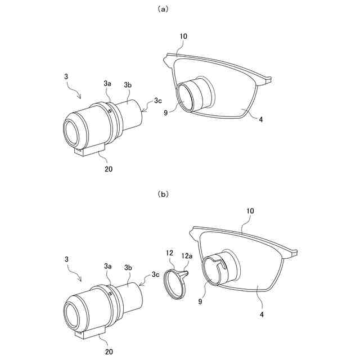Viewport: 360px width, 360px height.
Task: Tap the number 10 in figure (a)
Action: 183,36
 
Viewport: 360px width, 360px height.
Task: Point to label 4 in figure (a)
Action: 260,119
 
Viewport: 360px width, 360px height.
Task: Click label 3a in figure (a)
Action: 107,83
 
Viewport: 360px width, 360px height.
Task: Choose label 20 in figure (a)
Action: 108,167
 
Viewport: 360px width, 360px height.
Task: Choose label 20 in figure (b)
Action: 108,351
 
